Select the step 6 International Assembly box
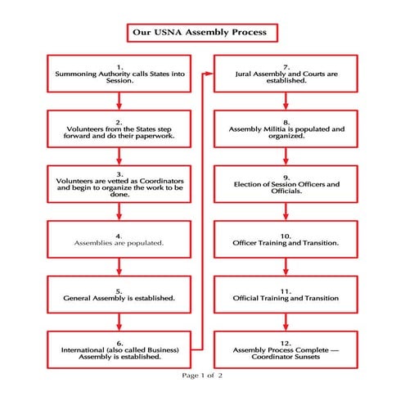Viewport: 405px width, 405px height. coord(120,349)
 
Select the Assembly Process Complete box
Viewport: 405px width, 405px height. coord(286,349)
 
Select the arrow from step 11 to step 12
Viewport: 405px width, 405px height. coord(286,321)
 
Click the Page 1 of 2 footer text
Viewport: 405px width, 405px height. coord(203,375)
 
